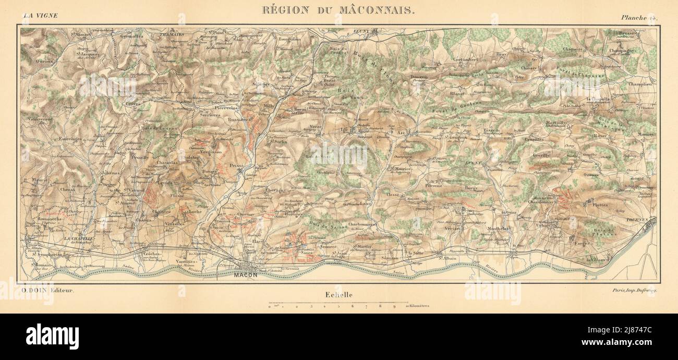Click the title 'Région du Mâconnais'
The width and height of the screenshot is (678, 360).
tap(338, 10)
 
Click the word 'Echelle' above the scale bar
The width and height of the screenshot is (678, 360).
tap(338, 295)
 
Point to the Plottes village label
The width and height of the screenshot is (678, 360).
tap(600, 205)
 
